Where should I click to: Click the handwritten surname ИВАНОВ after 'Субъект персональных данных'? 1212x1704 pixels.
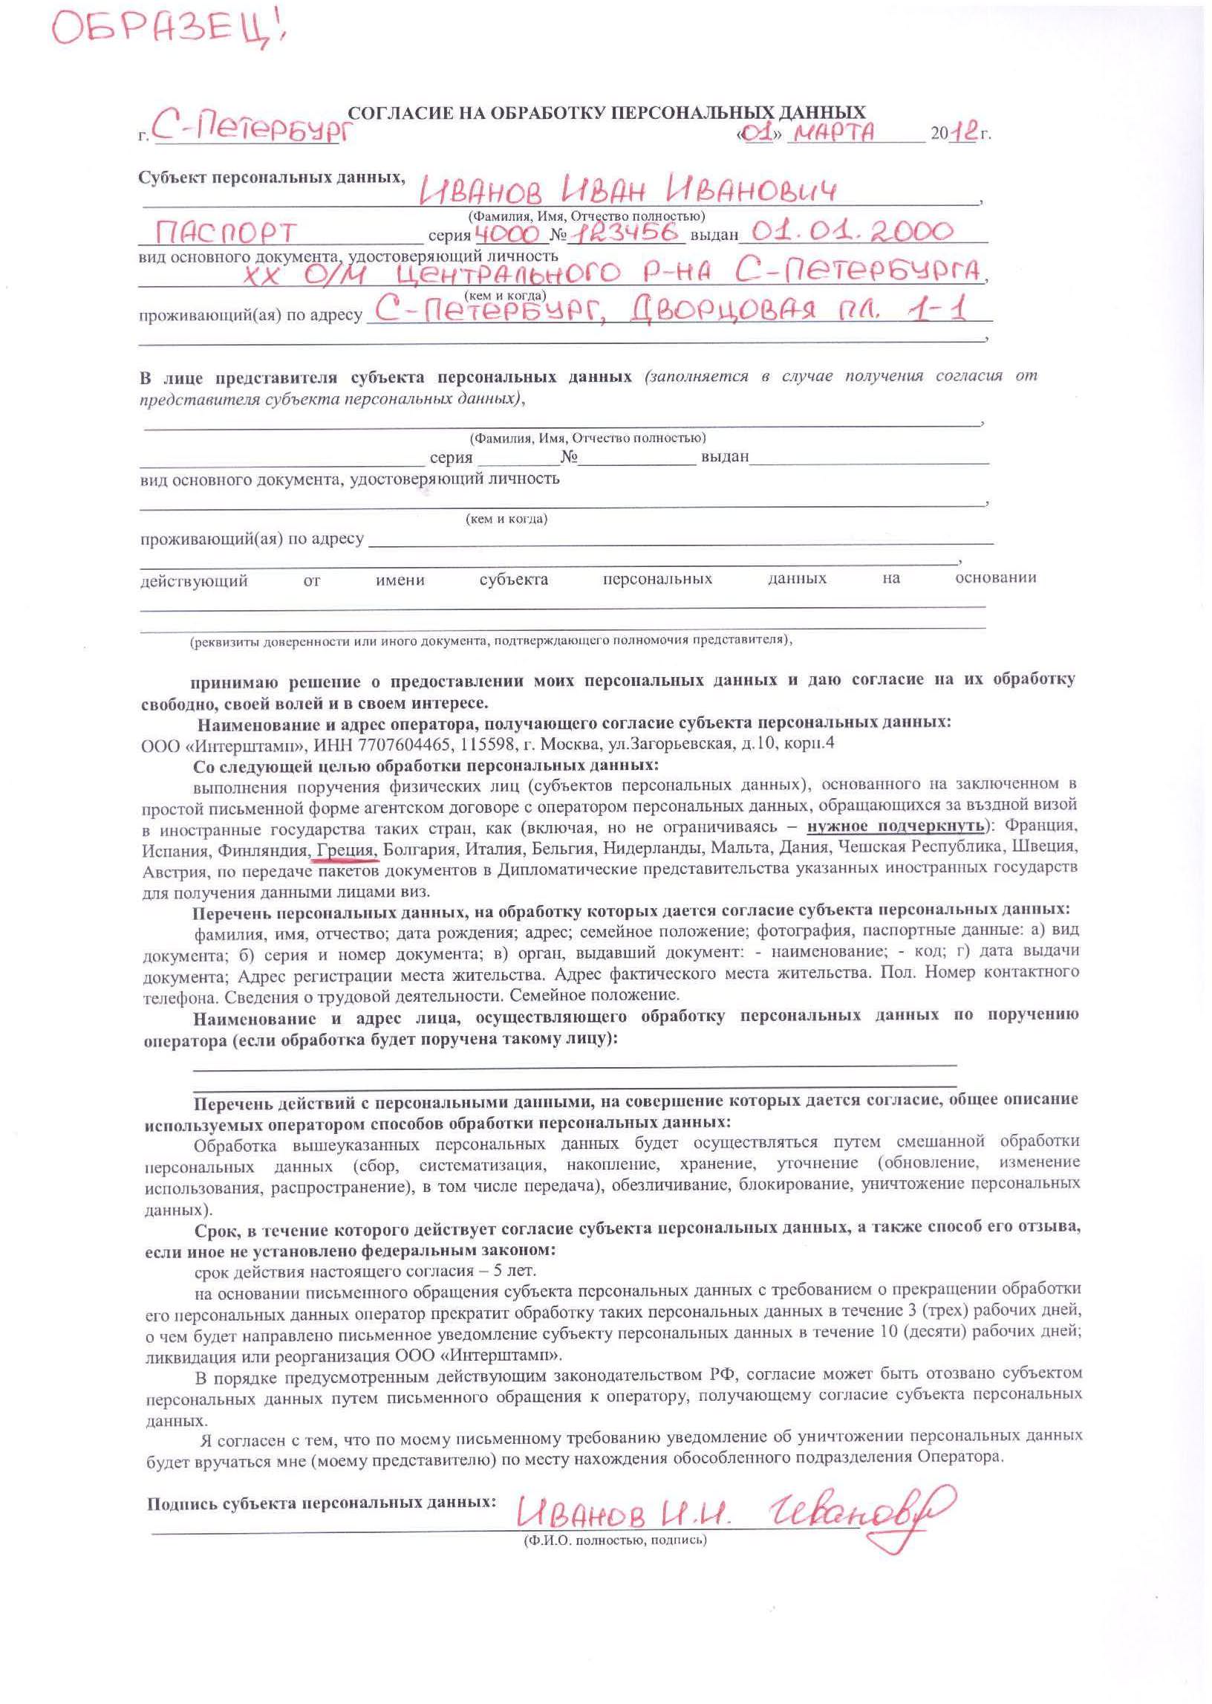point(489,191)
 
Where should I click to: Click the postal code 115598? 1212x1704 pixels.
point(483,745)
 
